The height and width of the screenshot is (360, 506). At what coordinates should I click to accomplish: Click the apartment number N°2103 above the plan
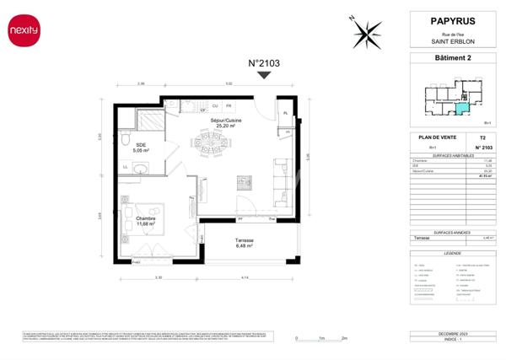(x=263, y=63)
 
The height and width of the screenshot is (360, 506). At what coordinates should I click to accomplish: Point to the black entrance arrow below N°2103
(x=263, y=75)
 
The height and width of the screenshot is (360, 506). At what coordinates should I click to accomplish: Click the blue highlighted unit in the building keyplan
(x=460, y=107)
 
